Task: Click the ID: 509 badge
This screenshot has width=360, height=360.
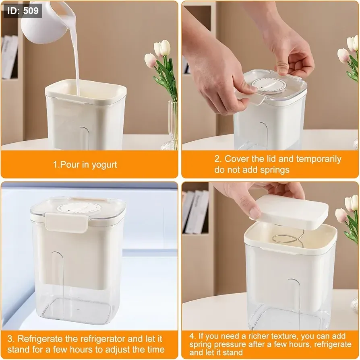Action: (x=23, y=11)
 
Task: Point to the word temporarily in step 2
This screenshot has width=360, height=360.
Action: (x=319, y=159)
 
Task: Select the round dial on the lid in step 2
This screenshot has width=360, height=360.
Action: (x=269, y=86)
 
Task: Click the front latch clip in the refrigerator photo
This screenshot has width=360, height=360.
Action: (x=66, y=222)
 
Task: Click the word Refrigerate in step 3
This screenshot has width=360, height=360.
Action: (x=40, y=339)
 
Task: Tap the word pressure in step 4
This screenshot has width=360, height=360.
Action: (x=232, y=344)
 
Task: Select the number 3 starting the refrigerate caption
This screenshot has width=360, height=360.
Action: (x=10, y=339)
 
